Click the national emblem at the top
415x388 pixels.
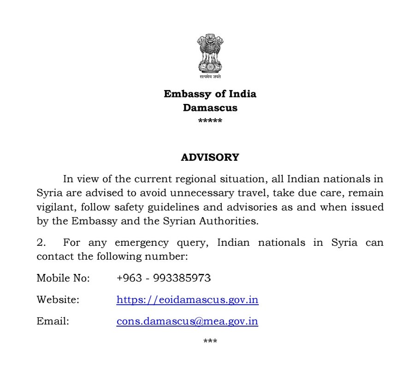point(210,54)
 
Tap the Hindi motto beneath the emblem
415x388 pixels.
point(210,77)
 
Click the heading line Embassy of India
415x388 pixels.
point(210,94)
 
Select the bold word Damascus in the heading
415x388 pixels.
point(210,108)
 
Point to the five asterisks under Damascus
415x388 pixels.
point(210,121)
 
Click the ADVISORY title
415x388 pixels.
point(210,158)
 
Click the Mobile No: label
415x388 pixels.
point(63,279)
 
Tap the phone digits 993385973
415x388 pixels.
point(182,279)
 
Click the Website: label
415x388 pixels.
point(58,300)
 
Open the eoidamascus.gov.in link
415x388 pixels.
point(187,300)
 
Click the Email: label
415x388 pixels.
point(53,321)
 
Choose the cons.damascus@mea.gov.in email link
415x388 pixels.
point(187,321)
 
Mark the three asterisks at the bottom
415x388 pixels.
point(210,342)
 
